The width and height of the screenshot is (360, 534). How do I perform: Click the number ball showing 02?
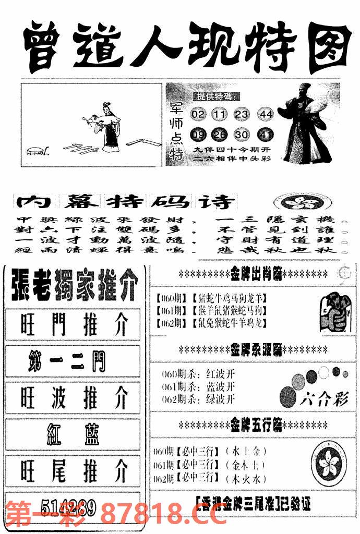tap(198, 114)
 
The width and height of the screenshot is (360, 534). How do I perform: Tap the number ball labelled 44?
tap(267, 114)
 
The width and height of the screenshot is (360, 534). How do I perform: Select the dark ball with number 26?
tap(220, 135)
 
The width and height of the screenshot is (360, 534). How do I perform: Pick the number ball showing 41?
tap(266, 135)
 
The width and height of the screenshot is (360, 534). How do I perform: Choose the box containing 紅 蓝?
tap(73, 433)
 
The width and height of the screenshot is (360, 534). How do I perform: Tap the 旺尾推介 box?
tap(73, 471)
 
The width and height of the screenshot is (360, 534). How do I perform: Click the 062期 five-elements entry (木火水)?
tap(212, 478)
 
